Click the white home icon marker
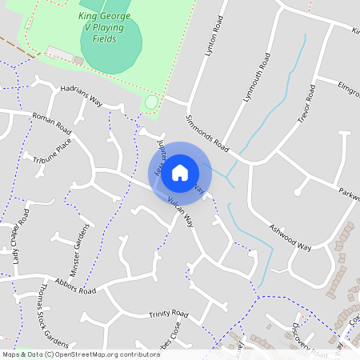tap(180, 172)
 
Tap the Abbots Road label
tap(76, 286)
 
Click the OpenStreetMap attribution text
tap(82, 354)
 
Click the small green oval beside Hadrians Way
tap(151, 102)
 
